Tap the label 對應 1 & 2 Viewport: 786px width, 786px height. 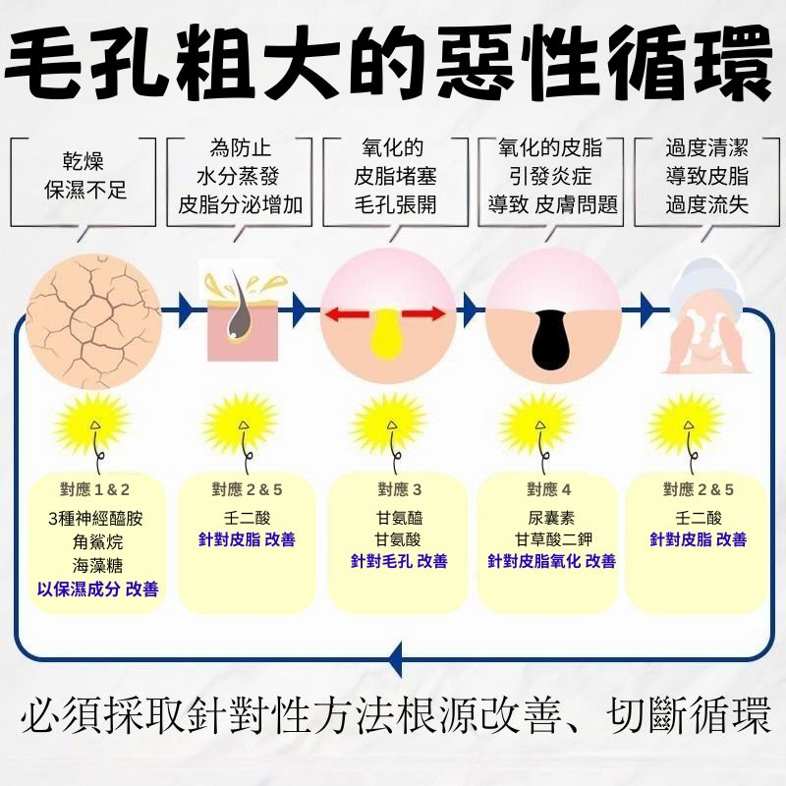[96, 488]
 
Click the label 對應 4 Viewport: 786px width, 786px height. [548, 488]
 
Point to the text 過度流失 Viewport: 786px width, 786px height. [706, 204]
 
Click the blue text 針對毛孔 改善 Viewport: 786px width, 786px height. [399, 561]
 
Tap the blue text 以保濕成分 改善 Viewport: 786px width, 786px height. [97, 589]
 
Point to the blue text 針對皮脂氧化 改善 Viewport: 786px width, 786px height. [551, 561]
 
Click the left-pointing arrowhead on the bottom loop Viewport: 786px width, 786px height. [396, 657]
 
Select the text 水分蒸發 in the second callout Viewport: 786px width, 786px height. [238, 178]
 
